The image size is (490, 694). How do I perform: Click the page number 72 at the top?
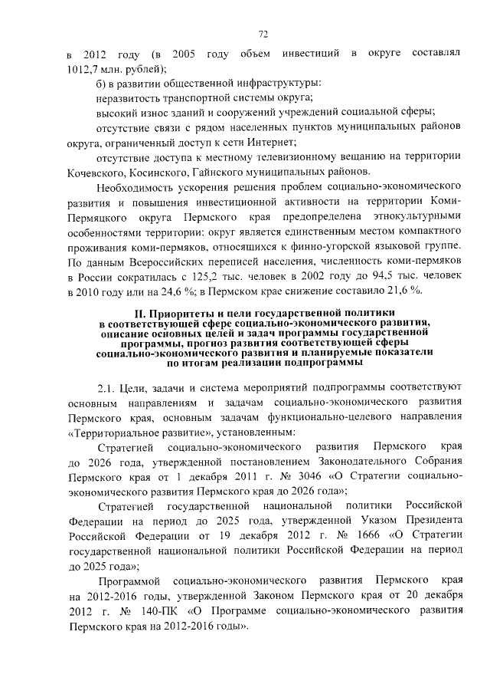click(263, 34)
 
